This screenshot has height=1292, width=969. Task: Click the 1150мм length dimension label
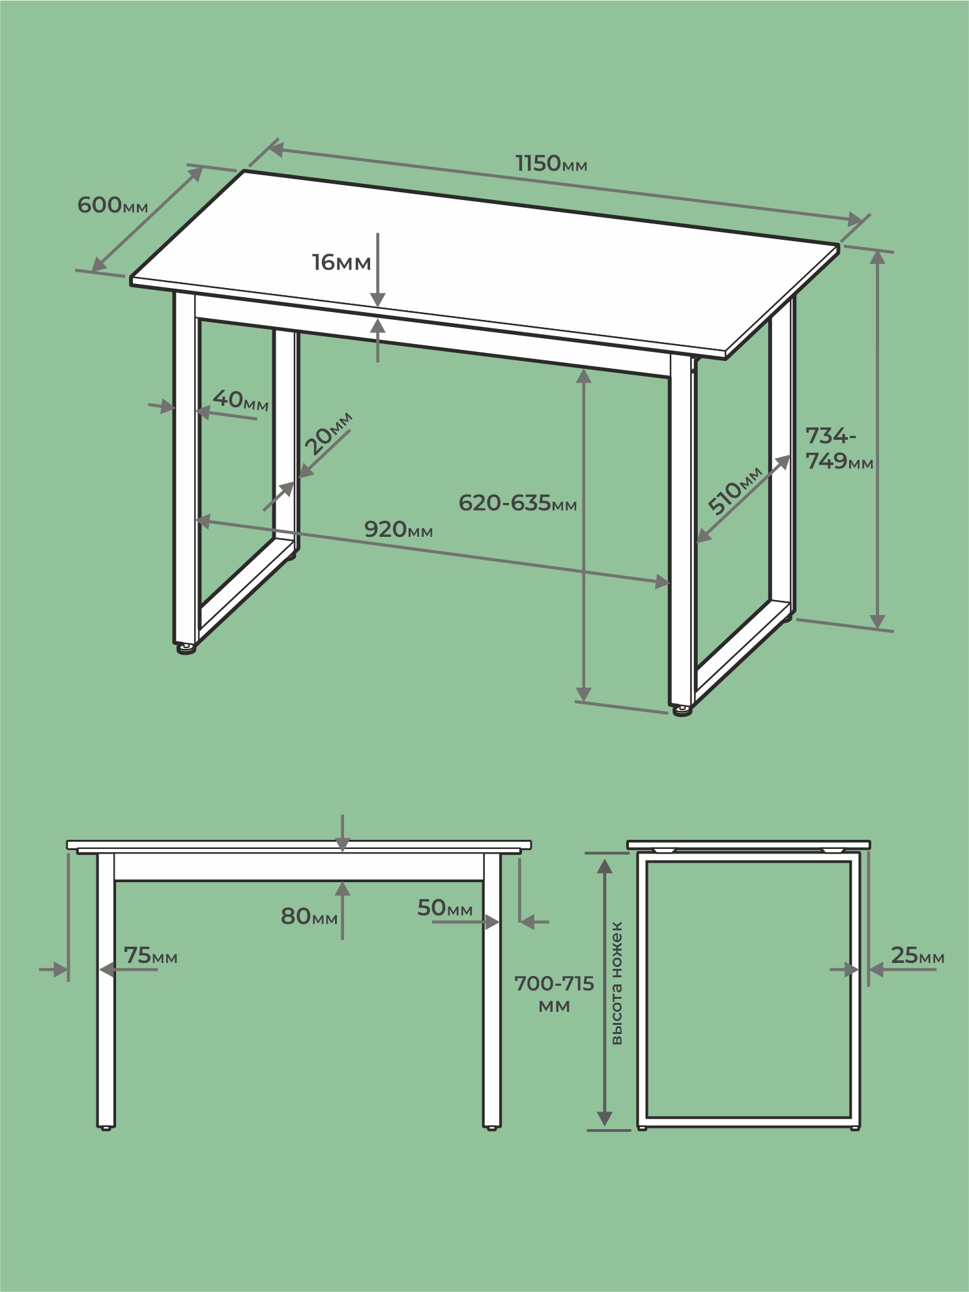tap(551, 163)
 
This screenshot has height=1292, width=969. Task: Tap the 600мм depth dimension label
tap(113, 205)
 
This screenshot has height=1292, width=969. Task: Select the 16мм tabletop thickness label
tap(341, 262)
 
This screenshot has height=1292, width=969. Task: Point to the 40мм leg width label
tap(240, 399)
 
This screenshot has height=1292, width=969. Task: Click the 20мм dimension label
tap(329, 433)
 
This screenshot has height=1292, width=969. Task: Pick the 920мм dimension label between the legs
tap(398, 529)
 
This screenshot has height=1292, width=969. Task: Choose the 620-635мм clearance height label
tap(517, 503)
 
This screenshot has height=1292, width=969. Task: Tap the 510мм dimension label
tap(735, 490)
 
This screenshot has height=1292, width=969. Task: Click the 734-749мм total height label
tap(839, 448)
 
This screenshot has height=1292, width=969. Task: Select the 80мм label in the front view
tap(309, 917)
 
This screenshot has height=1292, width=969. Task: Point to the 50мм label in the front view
tap(445, 908)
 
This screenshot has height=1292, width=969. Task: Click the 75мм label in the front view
tap(151, 955)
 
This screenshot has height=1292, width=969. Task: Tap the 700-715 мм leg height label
tap(554, 994)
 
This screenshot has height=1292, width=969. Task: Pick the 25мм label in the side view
tap(918, 955)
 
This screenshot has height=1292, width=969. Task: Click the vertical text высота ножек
tap(616, 983)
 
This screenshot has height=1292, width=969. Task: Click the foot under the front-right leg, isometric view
tap(682, 710)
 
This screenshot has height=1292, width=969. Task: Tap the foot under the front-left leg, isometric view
tap(186, 648)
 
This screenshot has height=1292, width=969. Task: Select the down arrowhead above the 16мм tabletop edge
tap(378, 299)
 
